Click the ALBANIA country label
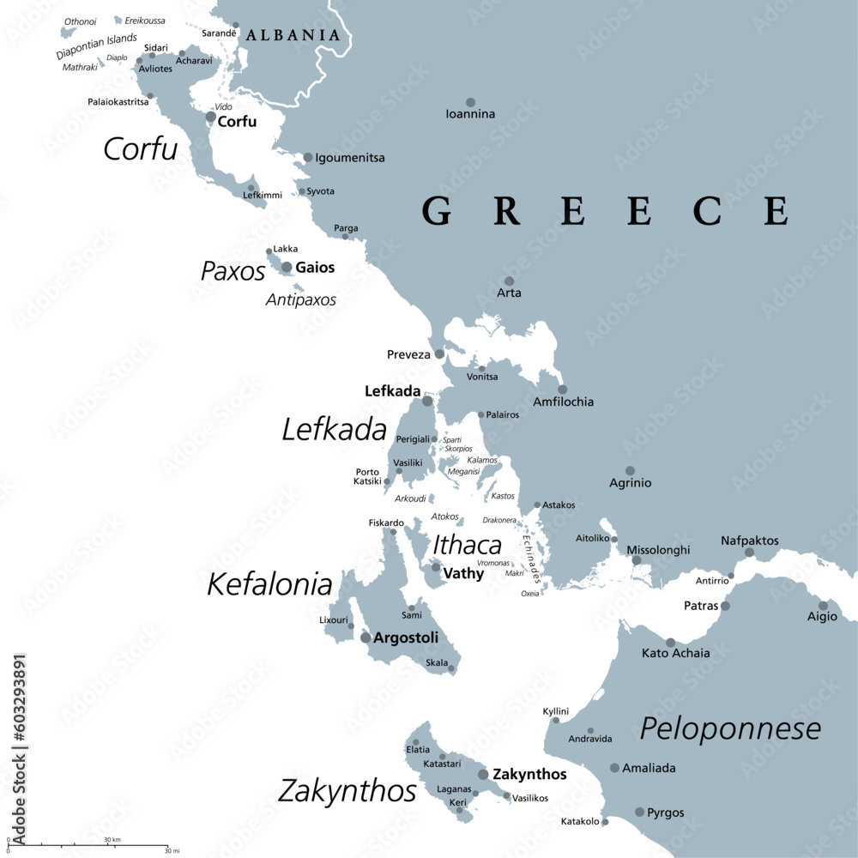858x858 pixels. pos(293,35)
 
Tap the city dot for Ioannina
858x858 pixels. pos(470,102)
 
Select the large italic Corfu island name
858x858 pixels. pos(140,149)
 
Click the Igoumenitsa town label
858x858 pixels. pos(350,158)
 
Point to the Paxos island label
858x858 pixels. pos(233,271)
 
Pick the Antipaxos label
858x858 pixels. pos(300,300)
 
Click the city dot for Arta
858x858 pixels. pos(509,281)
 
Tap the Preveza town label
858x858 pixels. pos(408,353)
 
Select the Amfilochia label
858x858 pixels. pos(563,402)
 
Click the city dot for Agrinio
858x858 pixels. pos(630,470)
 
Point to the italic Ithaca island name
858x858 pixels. pos(467,545)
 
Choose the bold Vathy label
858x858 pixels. pos(463,573)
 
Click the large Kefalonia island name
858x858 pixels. pos(269,585)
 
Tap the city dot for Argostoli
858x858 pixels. pos(366,637)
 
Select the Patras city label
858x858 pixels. pos(701,606)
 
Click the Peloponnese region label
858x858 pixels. pos(730,729)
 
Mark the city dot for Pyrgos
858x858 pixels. pos(639,812)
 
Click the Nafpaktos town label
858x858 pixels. pos(750,541)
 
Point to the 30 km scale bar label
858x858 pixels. pos(112,839)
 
